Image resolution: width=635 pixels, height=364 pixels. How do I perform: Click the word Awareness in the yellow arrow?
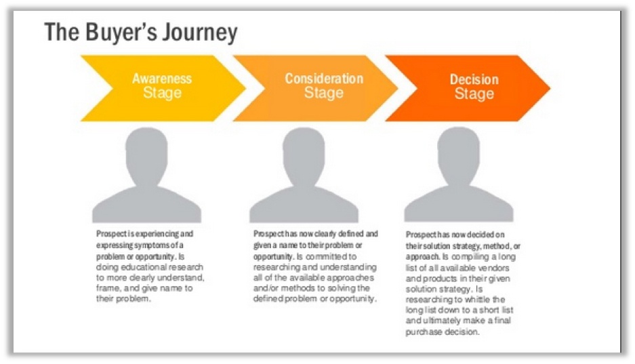click(x=162, y=79)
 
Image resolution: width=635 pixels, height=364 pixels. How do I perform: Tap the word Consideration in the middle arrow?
click(x=323, y=79)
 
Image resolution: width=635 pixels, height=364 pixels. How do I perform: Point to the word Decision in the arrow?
click(x=474, y=80)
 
